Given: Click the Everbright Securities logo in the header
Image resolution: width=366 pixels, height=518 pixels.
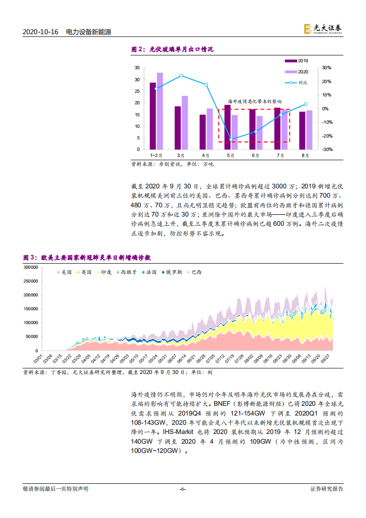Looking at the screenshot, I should [323, 29].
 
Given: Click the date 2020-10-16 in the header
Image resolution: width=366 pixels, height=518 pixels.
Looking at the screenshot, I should [41, 32].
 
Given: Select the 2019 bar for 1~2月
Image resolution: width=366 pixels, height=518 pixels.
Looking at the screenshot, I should [153, 116].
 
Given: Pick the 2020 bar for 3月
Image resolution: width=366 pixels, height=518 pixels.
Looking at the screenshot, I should [185, 122].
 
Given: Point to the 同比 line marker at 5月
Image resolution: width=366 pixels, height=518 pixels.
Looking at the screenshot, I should [231, 139].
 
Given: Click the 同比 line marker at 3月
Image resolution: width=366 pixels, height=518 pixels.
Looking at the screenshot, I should [181, 75].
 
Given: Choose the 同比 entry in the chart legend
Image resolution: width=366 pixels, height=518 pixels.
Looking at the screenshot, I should [296, 83].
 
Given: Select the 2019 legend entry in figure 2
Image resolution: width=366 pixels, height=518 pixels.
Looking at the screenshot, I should [296, 60].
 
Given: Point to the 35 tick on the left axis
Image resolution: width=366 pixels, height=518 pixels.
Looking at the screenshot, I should [137, 68].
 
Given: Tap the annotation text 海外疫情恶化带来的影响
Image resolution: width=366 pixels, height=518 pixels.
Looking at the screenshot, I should [255, 101].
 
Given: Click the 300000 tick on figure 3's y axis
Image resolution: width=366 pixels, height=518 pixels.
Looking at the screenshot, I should [31, 267].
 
